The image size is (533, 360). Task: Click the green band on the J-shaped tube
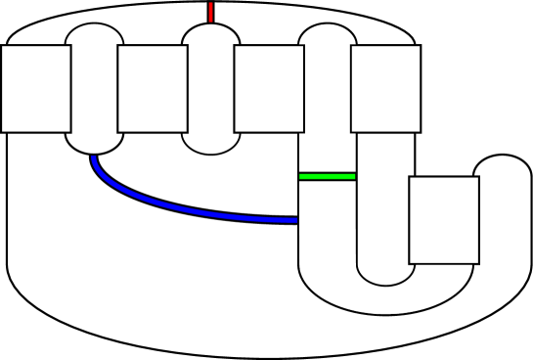tap(327, 176)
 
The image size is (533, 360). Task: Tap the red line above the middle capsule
tap(210, 12)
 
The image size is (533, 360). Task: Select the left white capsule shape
tap(94, 88)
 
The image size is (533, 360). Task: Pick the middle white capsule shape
tap(210, 88)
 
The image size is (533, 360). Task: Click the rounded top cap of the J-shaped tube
tap(327, 35)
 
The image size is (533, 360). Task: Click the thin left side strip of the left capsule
tap(68, 88)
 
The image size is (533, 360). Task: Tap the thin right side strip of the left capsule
tap(120, 88)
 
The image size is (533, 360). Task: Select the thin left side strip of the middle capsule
tap(185, 93)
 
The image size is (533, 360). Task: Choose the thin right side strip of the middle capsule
tap(237, 88)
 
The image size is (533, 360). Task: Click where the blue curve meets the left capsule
tap(94, 156)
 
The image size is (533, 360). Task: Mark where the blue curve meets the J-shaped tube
tap(297, 220)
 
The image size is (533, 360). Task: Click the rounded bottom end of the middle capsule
tap(210, 144)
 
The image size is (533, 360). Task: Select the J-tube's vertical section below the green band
tap(327, 225)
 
